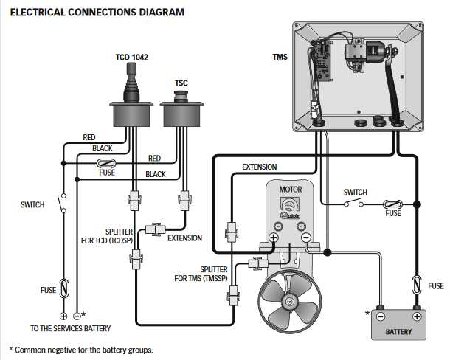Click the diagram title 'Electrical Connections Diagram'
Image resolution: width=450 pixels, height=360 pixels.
97,13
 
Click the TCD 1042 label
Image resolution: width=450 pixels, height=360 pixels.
132,57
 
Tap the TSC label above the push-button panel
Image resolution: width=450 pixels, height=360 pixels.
180,83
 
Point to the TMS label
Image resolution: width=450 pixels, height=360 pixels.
280,57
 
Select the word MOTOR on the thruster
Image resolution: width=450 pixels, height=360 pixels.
290,190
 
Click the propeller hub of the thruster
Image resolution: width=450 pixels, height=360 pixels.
289,302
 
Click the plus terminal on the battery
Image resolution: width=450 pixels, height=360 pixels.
418,315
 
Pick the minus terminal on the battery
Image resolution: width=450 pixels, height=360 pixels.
381,315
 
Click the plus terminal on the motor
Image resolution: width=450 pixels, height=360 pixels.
274,238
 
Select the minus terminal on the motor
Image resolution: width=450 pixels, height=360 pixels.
306,238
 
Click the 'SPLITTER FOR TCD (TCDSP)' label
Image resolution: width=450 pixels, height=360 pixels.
107,235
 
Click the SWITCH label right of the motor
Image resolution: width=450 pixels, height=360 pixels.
356,193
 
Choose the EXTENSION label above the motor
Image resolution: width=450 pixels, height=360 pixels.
259,167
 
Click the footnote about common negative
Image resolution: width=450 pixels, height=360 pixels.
80,349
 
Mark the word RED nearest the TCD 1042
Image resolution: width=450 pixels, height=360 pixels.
89,137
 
